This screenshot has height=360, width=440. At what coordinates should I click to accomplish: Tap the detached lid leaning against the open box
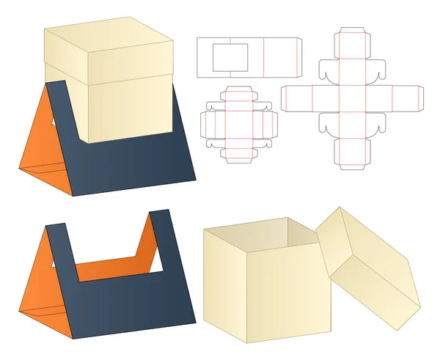pyautogui.click(x=370, y=268)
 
